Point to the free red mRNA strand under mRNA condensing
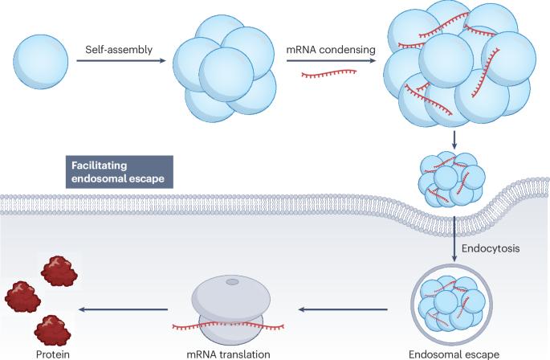[328, 74]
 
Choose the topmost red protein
[59, 270]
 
